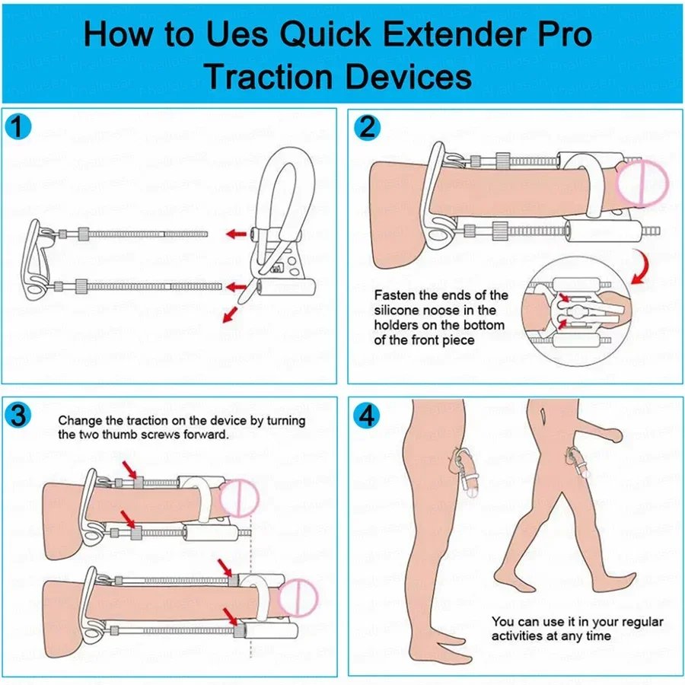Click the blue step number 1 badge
point(18,127)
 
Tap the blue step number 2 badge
point(367,127)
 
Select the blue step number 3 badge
point(18,415)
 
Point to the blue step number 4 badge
point(367,415)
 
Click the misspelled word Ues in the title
point(237,34)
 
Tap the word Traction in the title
point(269,77)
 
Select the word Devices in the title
point(409,77)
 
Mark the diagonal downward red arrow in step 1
point(230,314)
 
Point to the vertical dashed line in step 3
point(250,585)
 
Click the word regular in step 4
point(642,622)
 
